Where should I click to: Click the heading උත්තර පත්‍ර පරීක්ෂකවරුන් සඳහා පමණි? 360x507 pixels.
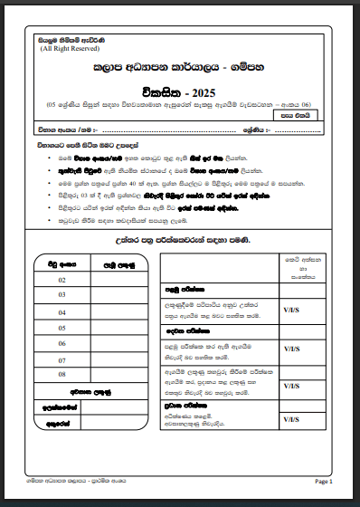click(x=180, y=239)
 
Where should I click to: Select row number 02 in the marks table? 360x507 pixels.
click(x=62, y=280)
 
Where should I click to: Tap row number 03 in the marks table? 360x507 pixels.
click(x=62, y=295)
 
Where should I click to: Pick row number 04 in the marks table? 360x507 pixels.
click(x=62, y=311)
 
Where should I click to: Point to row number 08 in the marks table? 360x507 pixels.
click(x=62, y=374)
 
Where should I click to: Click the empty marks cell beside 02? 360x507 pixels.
click(x=119, y=280)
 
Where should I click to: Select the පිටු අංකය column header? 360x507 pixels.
click(x=62, y=264)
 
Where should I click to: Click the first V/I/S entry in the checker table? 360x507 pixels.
click(x=293, y=310)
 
